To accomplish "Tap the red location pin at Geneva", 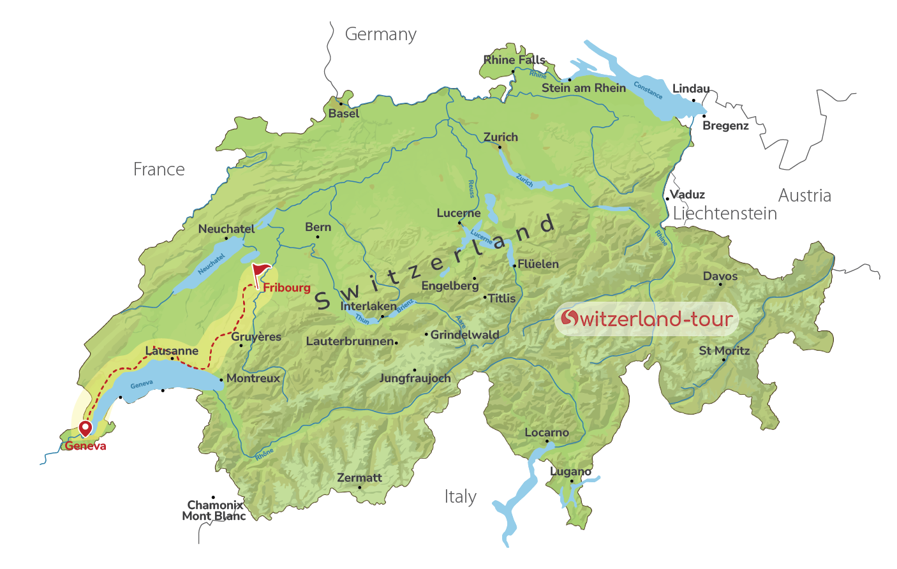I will point(85,428).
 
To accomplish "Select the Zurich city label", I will point(501,137).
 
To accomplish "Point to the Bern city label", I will point(318,227).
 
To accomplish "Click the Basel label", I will point(344,114).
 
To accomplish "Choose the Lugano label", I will point(570,471).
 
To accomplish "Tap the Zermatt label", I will point(359,478).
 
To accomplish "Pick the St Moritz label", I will point(724,351).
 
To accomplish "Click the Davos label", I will point(720,276).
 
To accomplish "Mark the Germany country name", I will point(381,34).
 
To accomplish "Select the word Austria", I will point(804,196).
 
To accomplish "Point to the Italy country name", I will point(461,497).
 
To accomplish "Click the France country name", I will point(159,170).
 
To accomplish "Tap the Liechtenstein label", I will point(725,214).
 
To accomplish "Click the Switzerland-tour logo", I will point(646,319).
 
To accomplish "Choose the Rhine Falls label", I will point(514,60).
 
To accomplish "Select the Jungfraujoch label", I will point(415,378).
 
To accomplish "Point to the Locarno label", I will point(547,432).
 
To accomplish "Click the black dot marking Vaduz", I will point(667,198).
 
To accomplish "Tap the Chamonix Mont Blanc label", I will point(214,510).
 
